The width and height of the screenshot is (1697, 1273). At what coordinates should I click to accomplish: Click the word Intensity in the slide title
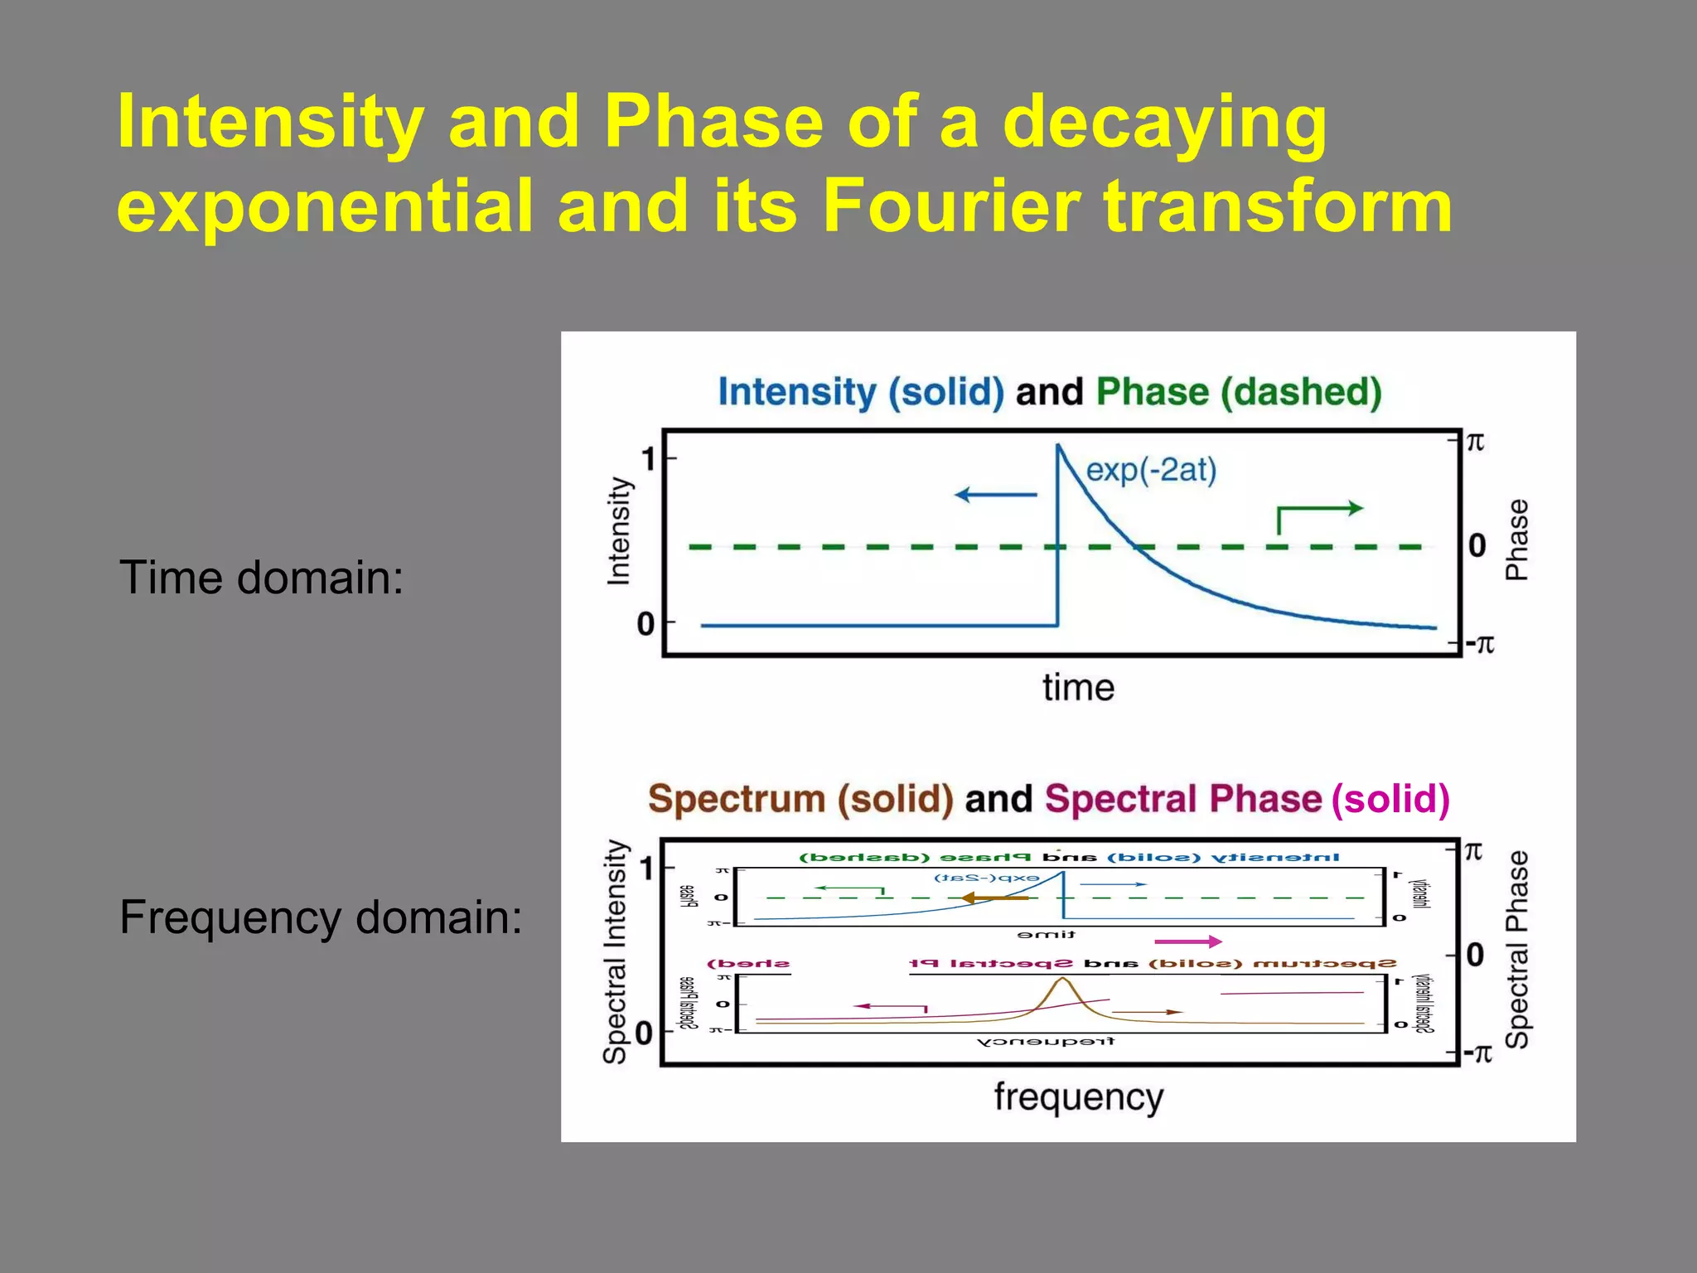(x=270, y=123)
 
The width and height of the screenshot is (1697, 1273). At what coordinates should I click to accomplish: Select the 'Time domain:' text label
(x=262, y=578)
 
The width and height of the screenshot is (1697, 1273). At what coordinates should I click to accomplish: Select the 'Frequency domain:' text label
(x=321, y=917)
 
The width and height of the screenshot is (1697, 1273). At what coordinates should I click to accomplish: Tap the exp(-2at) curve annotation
(x=1151, y=470)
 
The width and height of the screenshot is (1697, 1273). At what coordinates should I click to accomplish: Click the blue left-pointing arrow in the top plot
(x=995, y=495)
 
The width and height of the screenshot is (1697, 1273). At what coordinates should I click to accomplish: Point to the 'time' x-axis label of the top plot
(x=1078, y=688)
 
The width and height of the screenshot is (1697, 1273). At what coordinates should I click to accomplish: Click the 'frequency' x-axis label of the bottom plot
(x=1078, y=1097)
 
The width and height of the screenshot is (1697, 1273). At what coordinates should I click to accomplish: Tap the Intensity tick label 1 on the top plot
(x=649, y=458)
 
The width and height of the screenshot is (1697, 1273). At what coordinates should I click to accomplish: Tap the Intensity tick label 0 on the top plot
(x=646, y=624)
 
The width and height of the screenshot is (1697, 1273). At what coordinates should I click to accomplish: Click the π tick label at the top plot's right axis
(x=1475, y=443)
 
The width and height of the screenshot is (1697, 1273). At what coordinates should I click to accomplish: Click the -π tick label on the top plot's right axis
(x=1479, y=644)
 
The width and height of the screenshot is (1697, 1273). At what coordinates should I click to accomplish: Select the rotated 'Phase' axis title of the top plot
(x=1516, y=540)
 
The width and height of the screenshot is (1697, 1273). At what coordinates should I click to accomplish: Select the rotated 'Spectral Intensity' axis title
(x=616, y=951)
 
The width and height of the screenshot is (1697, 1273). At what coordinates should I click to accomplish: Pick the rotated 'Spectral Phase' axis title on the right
(x=1516, y=950)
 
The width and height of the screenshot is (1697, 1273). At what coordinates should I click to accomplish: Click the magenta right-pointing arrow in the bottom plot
(x=1188, y=941)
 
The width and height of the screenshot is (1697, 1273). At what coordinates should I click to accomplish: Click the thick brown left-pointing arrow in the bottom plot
(x=994, y=898)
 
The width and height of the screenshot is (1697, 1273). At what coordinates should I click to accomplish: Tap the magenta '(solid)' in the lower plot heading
(x=1390, y=799)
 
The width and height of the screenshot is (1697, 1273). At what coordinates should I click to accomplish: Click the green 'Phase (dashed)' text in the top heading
(x=1239, y=392)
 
